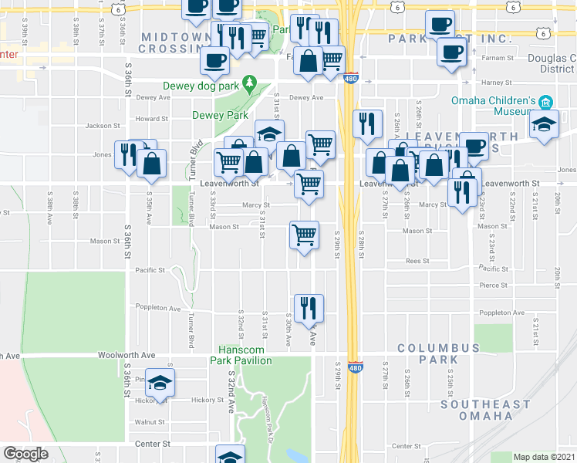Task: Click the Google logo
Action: [x=25, y=454]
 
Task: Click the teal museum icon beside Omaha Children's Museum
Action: [x=545, y=102]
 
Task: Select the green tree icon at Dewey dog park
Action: [x=248, y=81]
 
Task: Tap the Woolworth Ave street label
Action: [x=127, y=355]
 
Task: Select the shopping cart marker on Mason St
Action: [x=304, y=234]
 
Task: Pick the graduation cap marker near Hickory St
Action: [x=160, y=383]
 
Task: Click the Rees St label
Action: [x=417, y=261]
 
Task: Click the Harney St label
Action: [x=497, y=83]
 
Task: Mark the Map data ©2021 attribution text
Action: [x=544, y=457]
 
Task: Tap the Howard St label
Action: [x=152, y=119]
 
